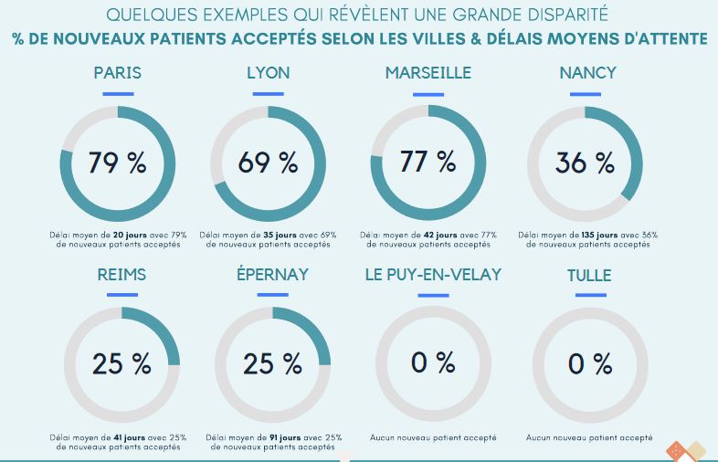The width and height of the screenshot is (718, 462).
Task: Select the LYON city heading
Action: pos(268,73)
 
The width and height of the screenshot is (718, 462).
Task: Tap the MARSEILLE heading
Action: pos(428,73)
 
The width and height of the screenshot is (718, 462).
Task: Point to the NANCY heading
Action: pos(587,73)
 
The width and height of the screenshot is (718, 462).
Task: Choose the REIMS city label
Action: pos(121,275)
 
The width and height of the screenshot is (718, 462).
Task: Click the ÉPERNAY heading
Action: pos(271,275)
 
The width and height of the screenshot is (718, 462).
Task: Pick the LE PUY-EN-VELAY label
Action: pos(433,275)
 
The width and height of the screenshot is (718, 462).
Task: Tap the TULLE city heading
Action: pos(589,275)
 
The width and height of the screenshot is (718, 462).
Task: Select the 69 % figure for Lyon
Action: pos(268,163)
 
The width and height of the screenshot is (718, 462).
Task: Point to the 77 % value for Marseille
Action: pos(428,162)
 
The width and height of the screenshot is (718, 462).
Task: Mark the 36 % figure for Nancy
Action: pos(585,163)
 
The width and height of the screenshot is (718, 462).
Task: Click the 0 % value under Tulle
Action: pos(589,363)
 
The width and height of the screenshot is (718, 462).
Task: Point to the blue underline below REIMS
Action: pos(121,295)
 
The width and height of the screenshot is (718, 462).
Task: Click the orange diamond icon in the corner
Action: pos(676,450)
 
